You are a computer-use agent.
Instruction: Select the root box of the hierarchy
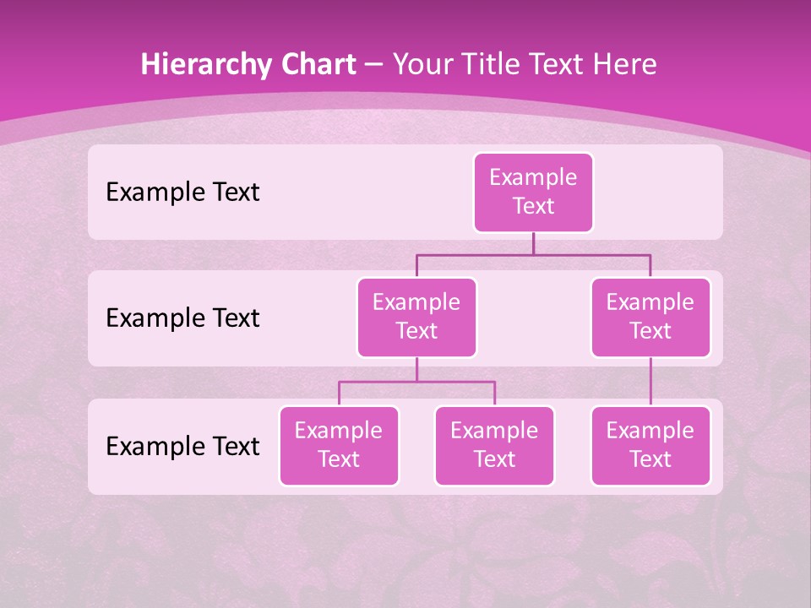[x=533, y=192]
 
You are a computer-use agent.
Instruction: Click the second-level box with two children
[x=416, y=317]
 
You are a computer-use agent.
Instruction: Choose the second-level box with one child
[x=650, y=317]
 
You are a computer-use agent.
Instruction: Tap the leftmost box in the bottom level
[x=339, y=445]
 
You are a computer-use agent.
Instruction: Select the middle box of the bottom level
[x=494, y=445]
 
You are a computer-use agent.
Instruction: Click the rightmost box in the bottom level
[x=650, y=445]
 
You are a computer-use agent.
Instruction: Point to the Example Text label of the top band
[x=182, y=193]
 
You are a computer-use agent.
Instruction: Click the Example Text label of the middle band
[x=182, y=318]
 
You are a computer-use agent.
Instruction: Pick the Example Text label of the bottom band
[x=182, y=446]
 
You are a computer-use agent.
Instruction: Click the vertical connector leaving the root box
[x=533, y=243]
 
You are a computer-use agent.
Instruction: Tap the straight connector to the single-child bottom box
[x=650, y=382]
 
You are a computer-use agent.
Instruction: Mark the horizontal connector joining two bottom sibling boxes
[x=416, y=382]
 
